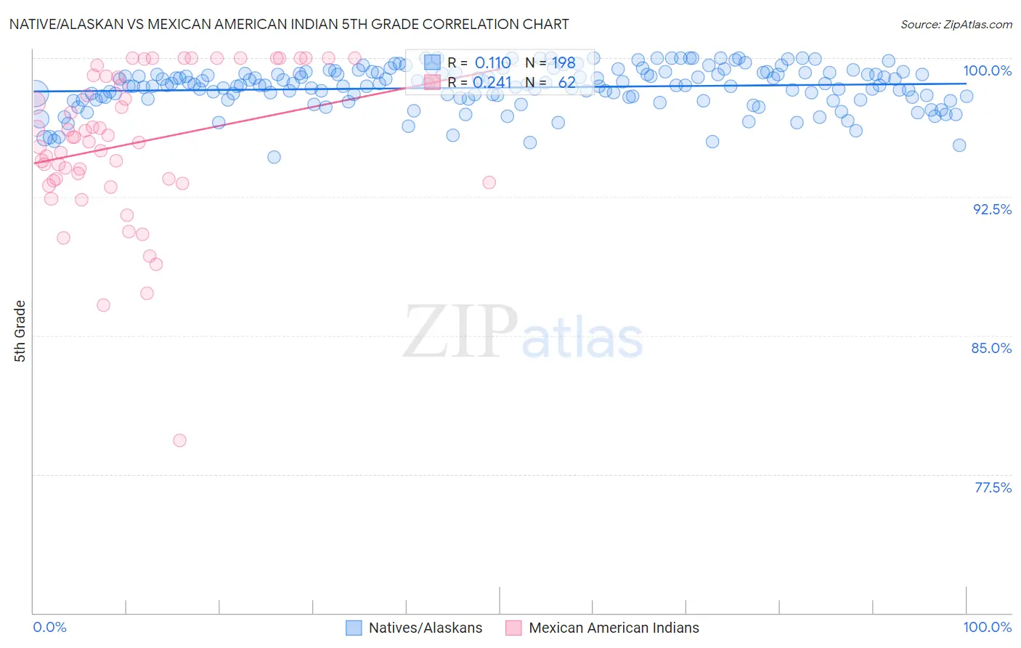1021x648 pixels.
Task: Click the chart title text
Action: point(289,24)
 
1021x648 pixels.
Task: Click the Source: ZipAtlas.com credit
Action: point(956,24)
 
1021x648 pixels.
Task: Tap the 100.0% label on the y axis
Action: point(987,70)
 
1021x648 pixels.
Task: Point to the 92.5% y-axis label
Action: point(992,209)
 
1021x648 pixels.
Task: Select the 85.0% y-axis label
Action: point(991,348)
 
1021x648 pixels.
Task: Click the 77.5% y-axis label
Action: point(993,487)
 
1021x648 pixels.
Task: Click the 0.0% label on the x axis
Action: point(49,627)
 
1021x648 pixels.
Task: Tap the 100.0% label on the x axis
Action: point(987,627)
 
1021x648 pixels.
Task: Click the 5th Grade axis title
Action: point(20,331)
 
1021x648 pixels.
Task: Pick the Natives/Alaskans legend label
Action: point(426,628)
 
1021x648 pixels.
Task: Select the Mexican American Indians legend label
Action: point(614,628)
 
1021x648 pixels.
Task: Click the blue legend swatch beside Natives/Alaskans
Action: point(354,628)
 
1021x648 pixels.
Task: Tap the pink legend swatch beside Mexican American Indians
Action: point(513,628)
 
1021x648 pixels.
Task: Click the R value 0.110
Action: point(492,63)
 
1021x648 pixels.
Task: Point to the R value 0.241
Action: point(492,82)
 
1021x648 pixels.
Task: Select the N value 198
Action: point(564,63)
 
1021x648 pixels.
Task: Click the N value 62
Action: point(566,82)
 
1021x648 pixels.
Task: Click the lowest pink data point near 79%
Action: point(179,440)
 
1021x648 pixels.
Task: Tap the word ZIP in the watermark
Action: point(460,332)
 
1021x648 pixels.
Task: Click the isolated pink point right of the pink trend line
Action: point(489,182)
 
